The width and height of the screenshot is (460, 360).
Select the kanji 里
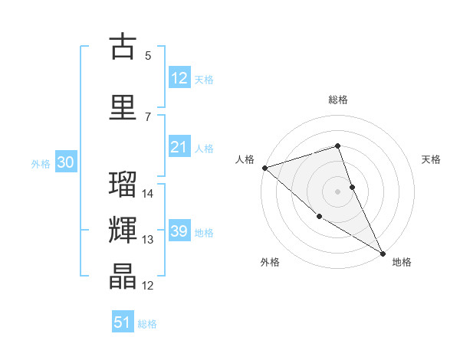(123, 107)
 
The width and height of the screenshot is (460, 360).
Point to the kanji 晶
(123, 277)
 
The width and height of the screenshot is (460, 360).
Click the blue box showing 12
(179, 78)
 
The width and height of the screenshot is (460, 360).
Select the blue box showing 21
(179, 148)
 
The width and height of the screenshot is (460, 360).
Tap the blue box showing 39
(179, 232)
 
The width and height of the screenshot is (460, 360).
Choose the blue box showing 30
(65, 162)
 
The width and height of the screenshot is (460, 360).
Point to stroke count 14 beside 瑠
(149, 194)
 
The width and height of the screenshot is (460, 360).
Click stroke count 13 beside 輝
(149, 240)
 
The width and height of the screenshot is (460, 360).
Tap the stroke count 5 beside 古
(148, 55)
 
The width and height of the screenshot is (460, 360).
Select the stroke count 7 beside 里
(148, 116)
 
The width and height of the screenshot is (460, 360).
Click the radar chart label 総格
(338, 100)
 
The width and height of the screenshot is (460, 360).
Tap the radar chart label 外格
(270, 262)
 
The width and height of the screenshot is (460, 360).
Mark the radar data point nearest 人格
(264, 168)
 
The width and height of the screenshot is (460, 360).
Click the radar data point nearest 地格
(383, 252)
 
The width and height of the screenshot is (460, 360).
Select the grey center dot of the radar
(338, 191)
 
